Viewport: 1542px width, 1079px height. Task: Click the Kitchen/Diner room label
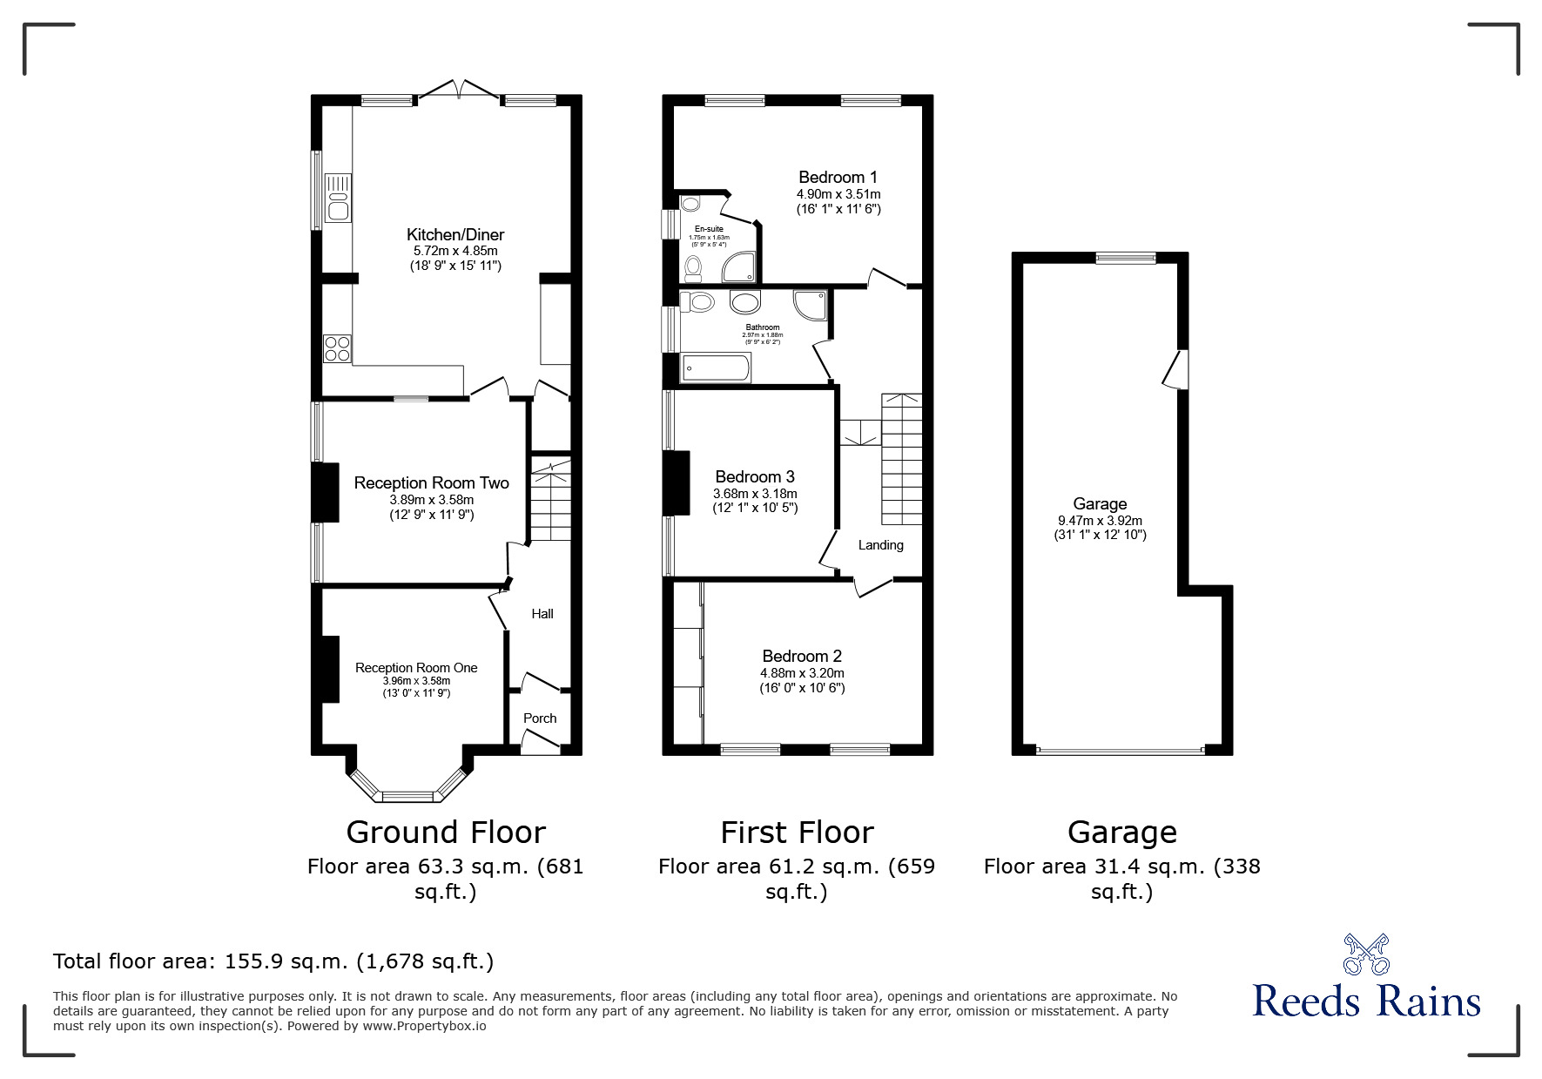coord(455,234)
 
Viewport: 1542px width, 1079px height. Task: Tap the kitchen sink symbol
coord(337,199)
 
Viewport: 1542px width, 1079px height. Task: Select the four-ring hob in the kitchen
coord(337,348)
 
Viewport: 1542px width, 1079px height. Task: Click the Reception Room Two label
coord(431,482)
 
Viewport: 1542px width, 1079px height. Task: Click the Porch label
coord(540,718)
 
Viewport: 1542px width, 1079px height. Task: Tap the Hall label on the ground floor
coord(542,614)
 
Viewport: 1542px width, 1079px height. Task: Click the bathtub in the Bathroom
coord(716,368)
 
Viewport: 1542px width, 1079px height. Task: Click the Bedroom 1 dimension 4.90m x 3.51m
coord(838,194)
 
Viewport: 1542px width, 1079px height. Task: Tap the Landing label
coord(880,545)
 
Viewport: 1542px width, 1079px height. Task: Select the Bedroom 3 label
coord(754,476)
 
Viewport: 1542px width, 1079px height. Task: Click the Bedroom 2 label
coord(801,656)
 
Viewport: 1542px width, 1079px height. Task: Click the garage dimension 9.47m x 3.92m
coord(1100,520)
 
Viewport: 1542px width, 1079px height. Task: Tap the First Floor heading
coord(796,833)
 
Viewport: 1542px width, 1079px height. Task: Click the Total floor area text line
coord(273,961)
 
